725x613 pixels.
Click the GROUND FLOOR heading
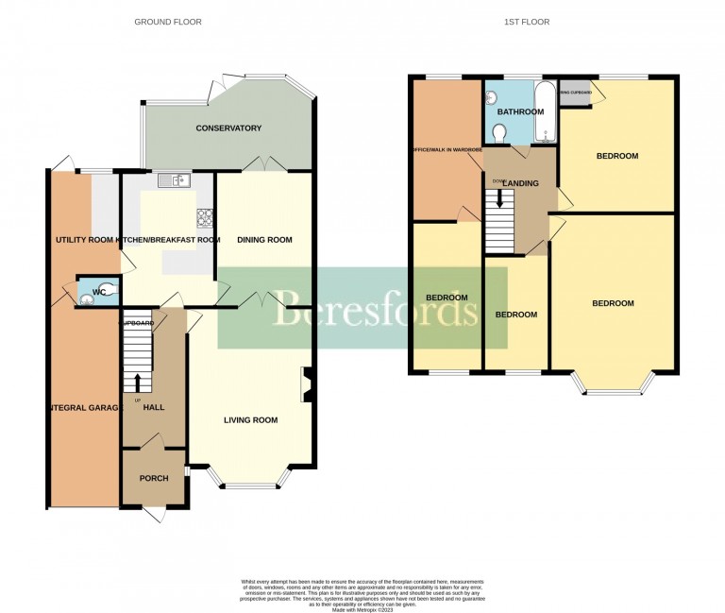tap(167, 22)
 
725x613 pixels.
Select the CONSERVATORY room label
tap(228, 128)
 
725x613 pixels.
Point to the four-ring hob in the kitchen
tap(205, 218)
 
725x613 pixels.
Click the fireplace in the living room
tap(307, 384)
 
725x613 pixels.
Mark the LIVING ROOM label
tap(250, 420)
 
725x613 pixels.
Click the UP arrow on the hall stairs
tap(139, 382)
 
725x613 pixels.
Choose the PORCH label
tap(154, 478)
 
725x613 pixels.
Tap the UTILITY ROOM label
tap(84, 241)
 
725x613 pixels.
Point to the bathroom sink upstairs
tap(492, 97)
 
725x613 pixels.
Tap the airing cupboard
tap(575, 93)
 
